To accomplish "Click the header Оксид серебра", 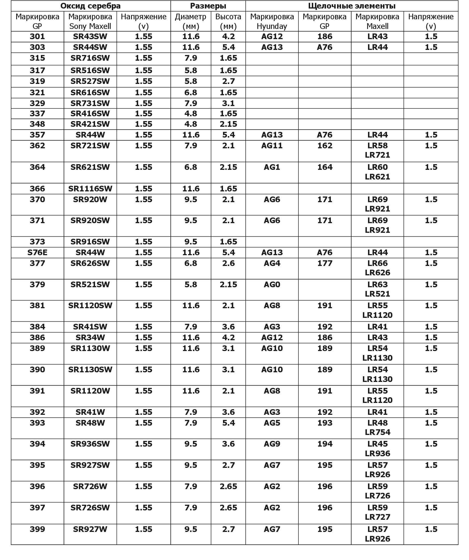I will coord(91,6).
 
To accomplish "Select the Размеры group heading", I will coord(208,6).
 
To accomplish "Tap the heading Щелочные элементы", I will coord(352,6).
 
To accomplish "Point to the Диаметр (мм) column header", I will coord(190,21).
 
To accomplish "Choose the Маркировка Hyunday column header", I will coord(272,21).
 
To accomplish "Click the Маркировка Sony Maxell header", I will coord(90,21).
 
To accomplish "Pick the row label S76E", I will coord(37,252).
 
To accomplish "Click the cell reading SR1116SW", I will coord(90,189).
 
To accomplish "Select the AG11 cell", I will coord(272,145).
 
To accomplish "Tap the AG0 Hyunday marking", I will coord(272,284).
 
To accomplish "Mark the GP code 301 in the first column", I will coord(37,37).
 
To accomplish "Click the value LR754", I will coord(377,432).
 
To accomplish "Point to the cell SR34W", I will coord(90,337).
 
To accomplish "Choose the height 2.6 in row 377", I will coord(228,263).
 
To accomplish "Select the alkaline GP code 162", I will coord(325,145).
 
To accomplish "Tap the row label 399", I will coord(37,529).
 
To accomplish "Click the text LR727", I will coord(377,517).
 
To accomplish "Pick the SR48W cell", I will coord(90,423).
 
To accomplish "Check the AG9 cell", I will coord(272,444).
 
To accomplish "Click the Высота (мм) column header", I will coord(228,21).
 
